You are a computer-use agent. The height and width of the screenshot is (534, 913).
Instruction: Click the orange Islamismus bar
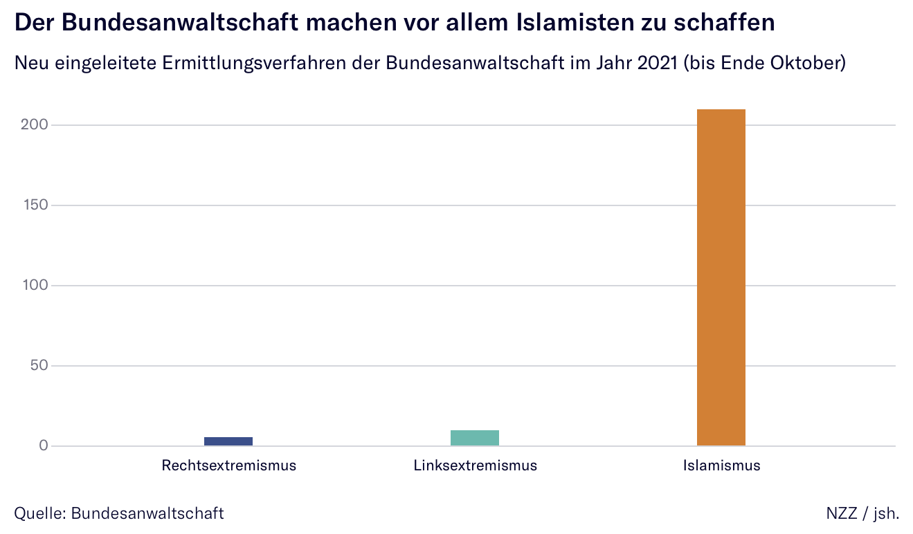tap(721, 277)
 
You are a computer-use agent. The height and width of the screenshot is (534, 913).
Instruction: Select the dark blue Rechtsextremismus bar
tap(228, 441)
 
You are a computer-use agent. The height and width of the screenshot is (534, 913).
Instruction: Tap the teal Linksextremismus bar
tap(474, 438)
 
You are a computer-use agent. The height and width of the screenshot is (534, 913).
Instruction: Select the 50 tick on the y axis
tap(42, 366)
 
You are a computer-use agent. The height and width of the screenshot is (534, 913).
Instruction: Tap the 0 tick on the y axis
tap(44, 446)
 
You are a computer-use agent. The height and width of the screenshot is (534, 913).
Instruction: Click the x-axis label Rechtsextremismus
tap(228, 466)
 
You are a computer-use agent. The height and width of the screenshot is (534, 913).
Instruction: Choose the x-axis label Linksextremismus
tap(475, 466)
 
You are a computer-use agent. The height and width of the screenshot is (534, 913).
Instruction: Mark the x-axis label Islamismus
tap(721, 466)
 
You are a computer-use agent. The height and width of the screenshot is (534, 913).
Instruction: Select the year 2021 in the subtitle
tap(658, 63)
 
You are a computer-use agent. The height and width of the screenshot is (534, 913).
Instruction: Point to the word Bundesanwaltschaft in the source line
tap(147, 513)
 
